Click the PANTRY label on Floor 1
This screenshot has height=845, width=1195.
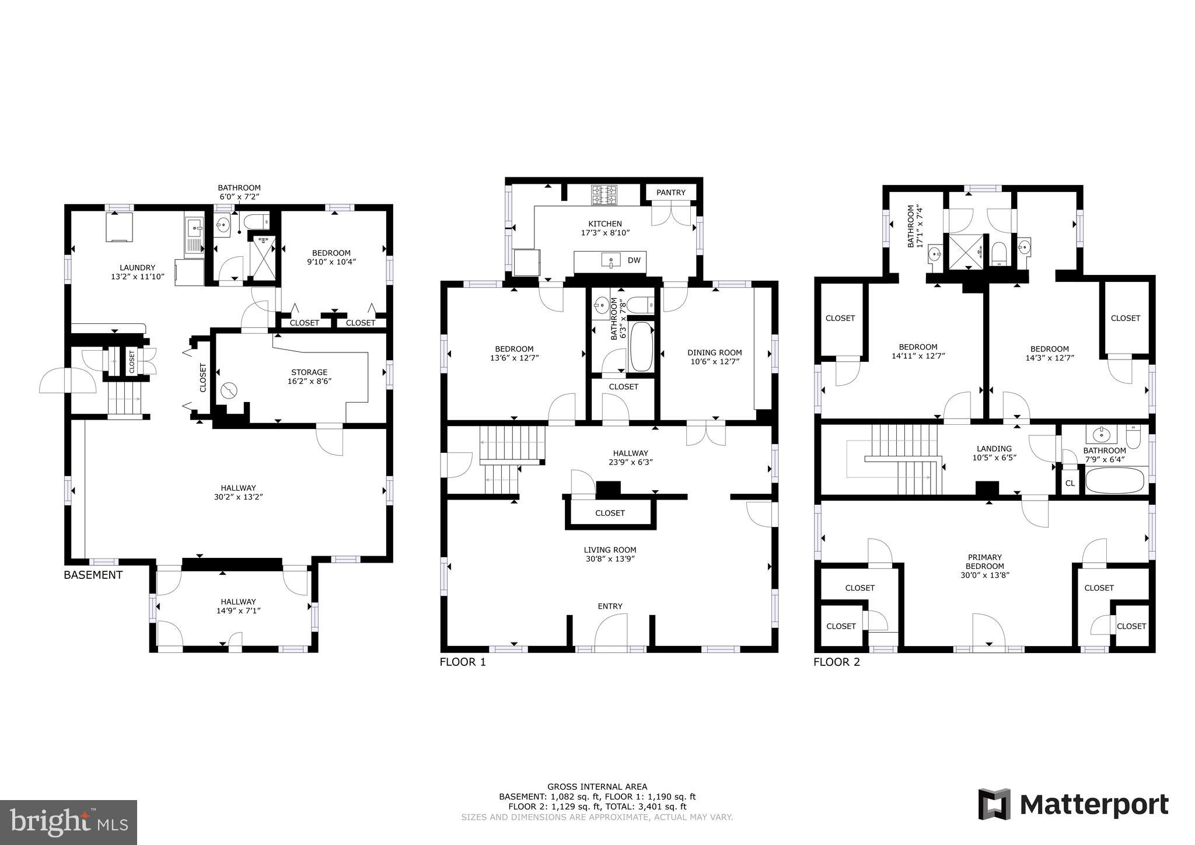coord(670,193)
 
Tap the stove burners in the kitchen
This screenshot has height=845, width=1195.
coord(604,194)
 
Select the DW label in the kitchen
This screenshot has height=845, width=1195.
coord(634,260)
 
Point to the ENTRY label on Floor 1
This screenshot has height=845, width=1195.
coord(610,606)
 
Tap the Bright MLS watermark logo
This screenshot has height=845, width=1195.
coord(68,823)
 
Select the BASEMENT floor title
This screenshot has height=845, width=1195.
coord(93,575)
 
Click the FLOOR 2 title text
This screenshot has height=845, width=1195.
coord(836,662)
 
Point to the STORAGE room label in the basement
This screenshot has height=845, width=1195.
coord(309,372)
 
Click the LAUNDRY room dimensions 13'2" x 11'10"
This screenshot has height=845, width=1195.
coord(138,277)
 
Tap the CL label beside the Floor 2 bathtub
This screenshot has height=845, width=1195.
coord(1070,483)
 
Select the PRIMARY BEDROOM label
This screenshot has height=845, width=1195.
coord(985,561)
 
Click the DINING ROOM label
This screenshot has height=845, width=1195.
coord(714,352)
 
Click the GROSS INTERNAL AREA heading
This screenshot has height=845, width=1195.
coord(597,787)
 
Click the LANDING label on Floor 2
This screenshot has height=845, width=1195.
coord(994,449)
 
